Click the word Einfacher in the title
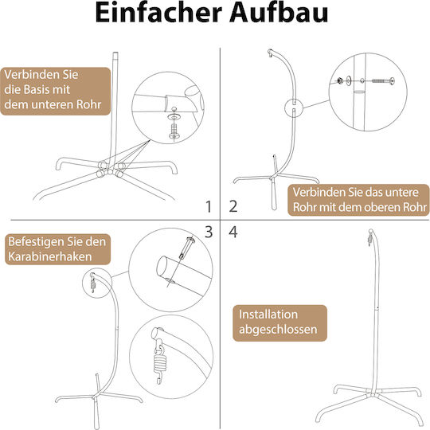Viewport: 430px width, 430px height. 158,13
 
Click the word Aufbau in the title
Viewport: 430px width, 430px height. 279,13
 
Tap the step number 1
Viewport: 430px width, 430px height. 209,206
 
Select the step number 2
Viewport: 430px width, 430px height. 233,206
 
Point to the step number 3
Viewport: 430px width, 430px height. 209,232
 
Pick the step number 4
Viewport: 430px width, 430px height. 233,232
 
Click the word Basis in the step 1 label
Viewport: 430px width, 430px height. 38,89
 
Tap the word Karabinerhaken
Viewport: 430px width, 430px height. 50,256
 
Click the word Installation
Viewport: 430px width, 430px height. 268,315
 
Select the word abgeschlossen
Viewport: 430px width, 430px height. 278,330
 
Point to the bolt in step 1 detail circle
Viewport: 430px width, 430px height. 174,131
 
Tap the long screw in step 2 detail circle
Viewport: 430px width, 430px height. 383,81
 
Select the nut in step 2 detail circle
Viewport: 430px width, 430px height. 340,80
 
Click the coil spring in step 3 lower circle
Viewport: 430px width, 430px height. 159,363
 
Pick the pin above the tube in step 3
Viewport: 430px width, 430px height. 186,248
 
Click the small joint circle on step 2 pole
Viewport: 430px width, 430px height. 294,107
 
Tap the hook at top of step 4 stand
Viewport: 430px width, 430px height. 370,238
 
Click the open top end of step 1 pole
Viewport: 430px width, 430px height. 115,53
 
